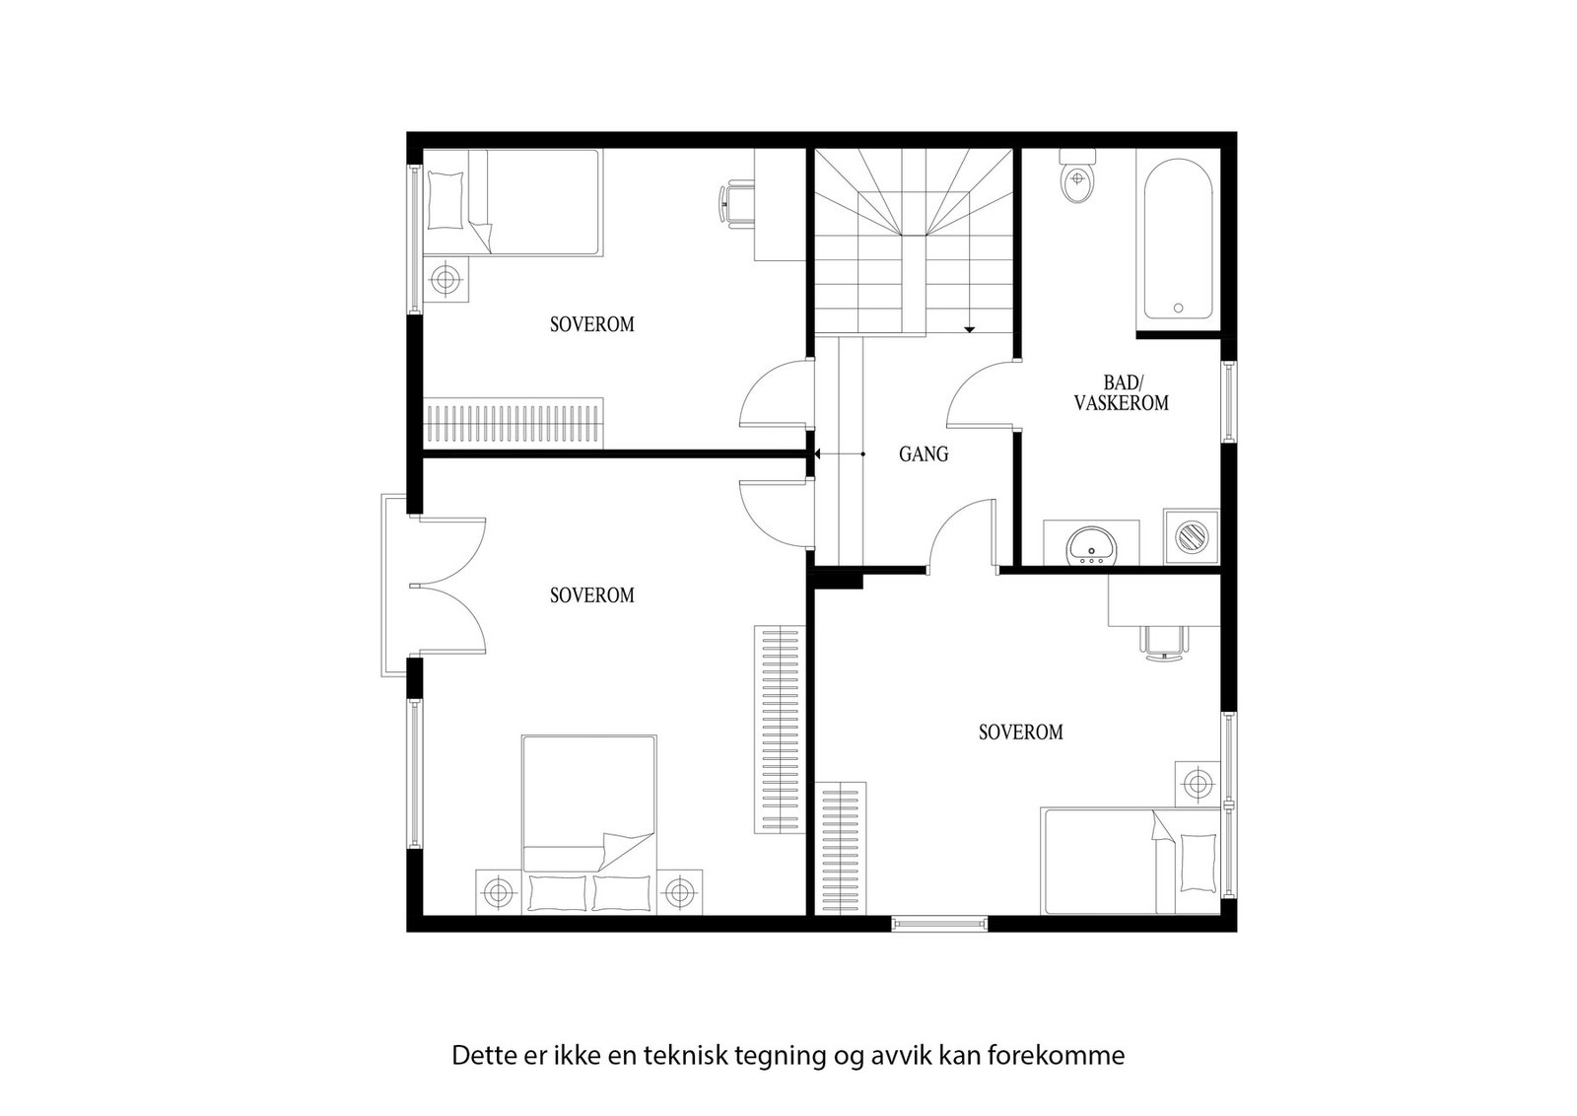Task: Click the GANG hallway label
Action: (x=924, y=454)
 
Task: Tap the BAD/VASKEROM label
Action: (x=1122, y=392)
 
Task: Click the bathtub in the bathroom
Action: (x=1178, y=240)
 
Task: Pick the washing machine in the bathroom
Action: (x=1192, y=537)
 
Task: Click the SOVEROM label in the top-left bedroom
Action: (x=591, y=324)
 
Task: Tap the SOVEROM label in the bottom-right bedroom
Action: (x=1020, y=732)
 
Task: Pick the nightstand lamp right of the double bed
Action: (x=679, y=893)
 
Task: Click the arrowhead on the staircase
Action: (x=970, y=328)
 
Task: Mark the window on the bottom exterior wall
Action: (x=939, y=924)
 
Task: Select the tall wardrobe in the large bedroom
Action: (x=779, y=730)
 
